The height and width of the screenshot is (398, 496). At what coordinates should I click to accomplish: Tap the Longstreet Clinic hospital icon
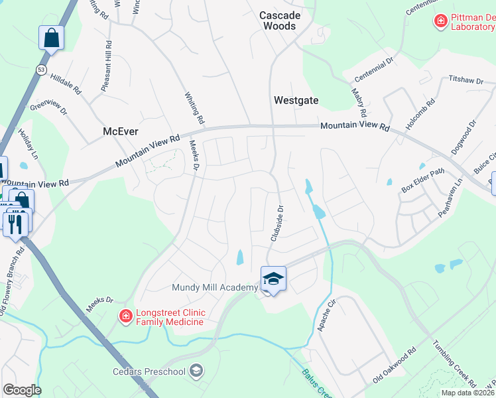[125, 316]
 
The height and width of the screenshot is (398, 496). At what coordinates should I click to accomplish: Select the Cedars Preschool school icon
[196, 371]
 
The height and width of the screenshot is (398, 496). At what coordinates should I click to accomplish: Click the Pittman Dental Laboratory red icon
[440, 22]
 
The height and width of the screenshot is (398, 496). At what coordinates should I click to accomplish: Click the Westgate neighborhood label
[296, 101]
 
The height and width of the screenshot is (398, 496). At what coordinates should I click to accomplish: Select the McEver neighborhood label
[121, 131]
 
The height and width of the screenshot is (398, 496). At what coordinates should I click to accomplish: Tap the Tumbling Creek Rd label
[454, 364]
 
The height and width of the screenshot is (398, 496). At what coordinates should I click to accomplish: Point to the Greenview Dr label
[48, 106]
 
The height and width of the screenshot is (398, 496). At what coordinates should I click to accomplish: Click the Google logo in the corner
[22, 390]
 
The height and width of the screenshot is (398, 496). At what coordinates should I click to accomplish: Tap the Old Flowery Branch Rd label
[12, 278]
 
